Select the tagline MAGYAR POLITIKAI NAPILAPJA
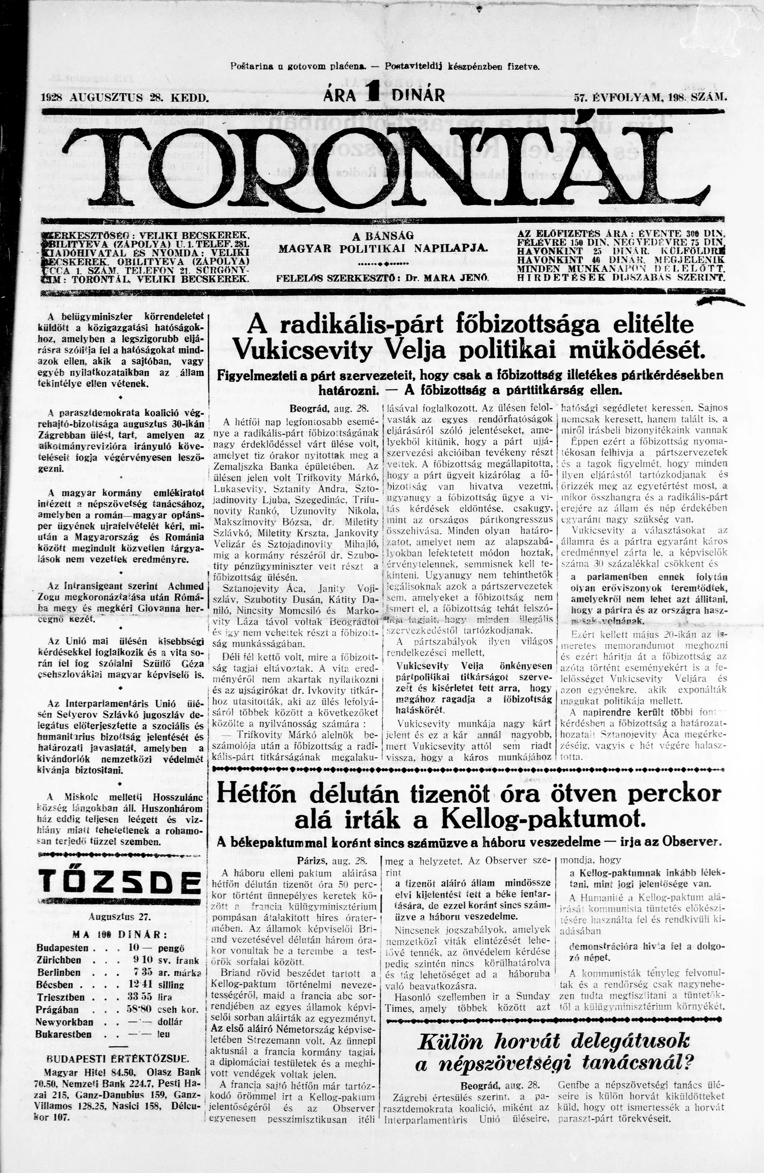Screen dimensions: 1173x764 click(382, 248)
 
